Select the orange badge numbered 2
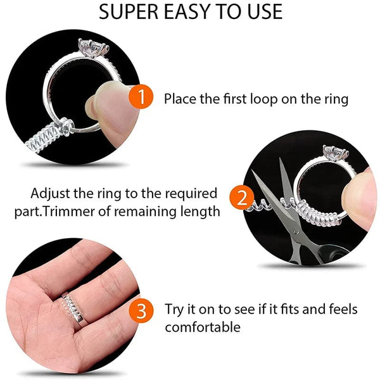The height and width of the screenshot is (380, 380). [241, 198]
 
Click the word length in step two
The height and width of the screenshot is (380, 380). [198, 212]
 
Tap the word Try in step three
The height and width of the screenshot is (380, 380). [175, 310]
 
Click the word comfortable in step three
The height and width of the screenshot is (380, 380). [203, 328]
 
